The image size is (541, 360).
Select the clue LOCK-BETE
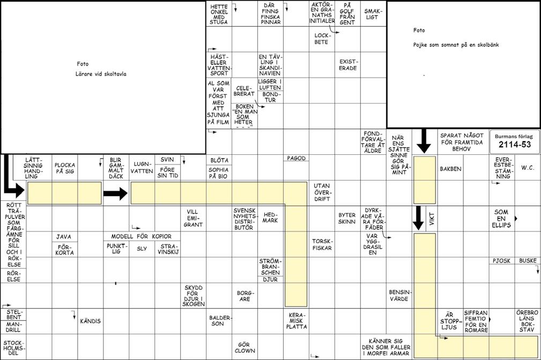pos(321,39)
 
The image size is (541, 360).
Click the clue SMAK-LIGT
pos(373,14)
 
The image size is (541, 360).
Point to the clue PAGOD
pos(296,159)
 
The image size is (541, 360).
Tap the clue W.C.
pos(528,168)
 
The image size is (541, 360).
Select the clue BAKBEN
pos(450,169)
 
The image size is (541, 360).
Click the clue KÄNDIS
pos(90,321)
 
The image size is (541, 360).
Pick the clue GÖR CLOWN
pos(244,348)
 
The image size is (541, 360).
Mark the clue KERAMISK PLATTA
pos(296,320)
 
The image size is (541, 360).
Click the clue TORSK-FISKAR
pos(322,244)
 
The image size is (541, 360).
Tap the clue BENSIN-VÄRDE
pos(399,295)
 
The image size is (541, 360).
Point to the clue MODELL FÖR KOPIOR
pos(142,236)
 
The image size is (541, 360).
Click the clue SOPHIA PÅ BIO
pos(219,172)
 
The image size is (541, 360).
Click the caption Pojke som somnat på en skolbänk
pos(456,45)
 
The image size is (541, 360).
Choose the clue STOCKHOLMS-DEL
pos(13,347)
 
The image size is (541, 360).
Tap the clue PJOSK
pos(501,261)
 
